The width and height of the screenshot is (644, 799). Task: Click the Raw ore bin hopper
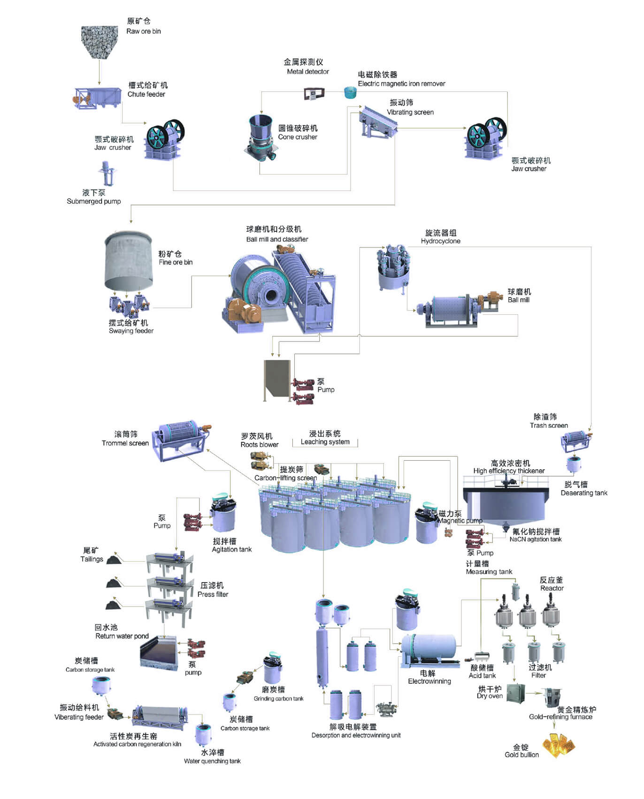[x=99, y=42]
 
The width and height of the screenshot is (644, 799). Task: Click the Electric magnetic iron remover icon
[x=350, y=92]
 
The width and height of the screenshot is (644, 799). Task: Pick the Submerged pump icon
[x=107, y=173]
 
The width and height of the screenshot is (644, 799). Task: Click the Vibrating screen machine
[x=378, y=122]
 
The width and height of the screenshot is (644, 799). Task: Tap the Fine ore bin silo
[x=128, y=261]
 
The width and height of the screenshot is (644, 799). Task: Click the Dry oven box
[x=515, y=694]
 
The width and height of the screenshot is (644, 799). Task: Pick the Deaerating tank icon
[x=574, y=464]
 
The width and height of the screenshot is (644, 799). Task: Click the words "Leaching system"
[x=325, y=441]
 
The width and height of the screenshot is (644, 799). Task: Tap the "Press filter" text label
[x=213, y=594]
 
